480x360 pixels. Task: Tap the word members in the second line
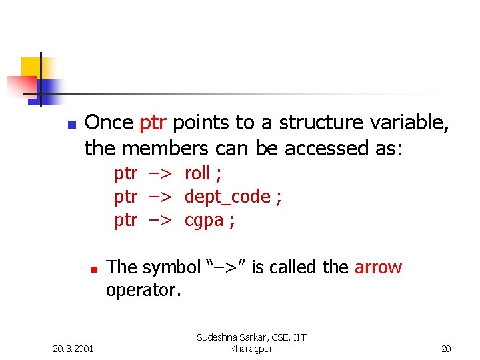click(171, 148)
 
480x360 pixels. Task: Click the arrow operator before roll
click(161, 174)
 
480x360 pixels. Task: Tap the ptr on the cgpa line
click(125, 221)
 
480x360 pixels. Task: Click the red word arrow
click(378, 267)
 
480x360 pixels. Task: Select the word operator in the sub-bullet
click(143, 291)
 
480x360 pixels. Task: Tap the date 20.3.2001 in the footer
click(74, 348)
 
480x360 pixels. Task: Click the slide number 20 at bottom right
click(446, 348)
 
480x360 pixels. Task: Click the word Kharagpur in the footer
click(251, 349)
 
